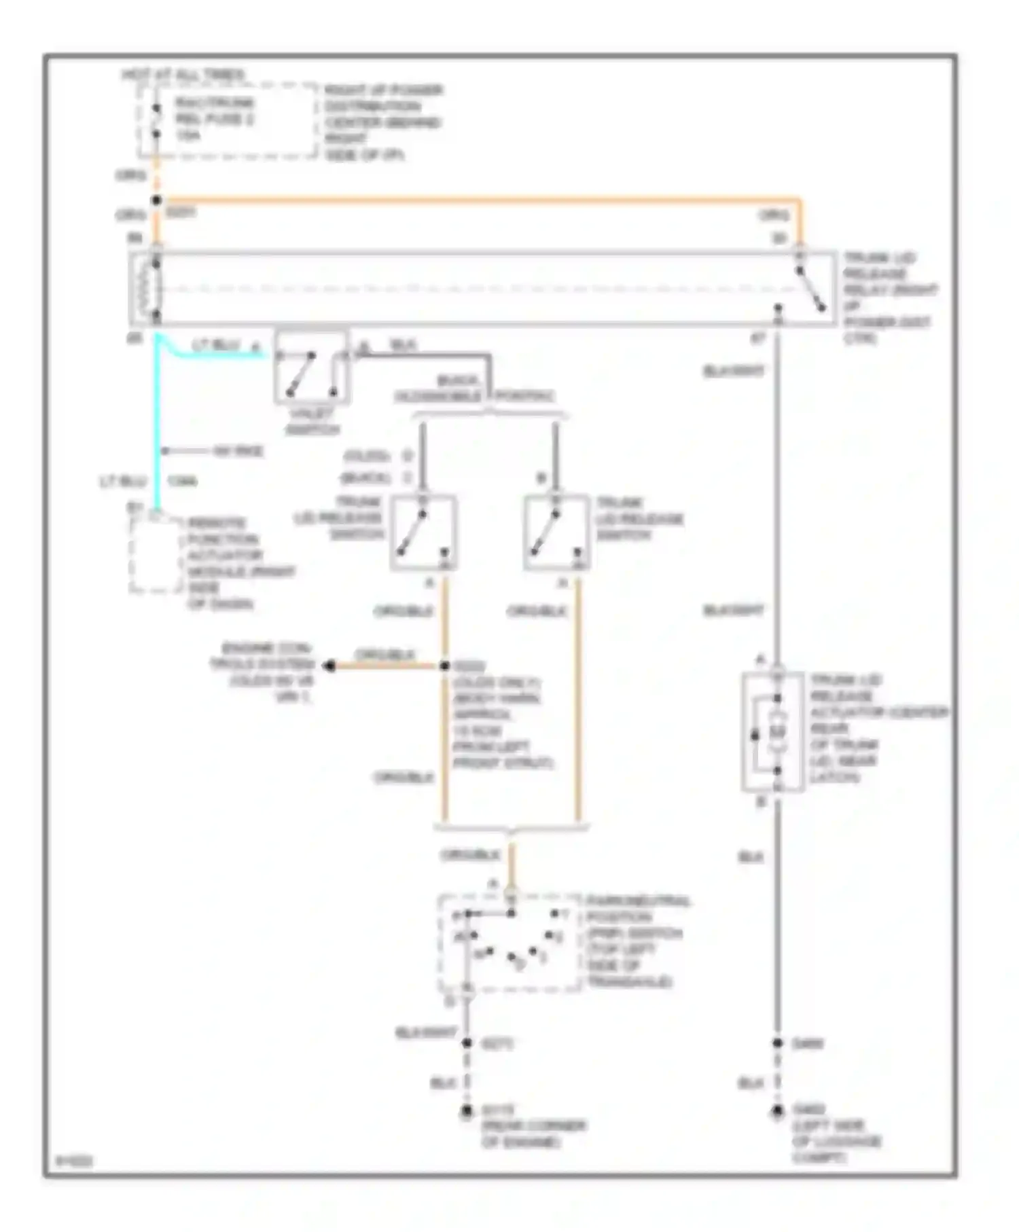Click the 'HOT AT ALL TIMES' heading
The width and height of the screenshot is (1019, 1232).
183,74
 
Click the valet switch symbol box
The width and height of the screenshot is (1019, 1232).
312,367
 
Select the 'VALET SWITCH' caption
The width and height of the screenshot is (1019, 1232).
312,421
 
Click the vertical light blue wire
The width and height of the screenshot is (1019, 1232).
156,421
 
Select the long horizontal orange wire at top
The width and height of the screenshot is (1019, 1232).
476,201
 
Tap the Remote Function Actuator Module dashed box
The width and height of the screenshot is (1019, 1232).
156,554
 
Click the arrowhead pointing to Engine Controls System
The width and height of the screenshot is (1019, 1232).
329,666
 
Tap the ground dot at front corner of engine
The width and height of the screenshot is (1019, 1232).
467,1112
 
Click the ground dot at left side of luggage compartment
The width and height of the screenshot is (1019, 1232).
778,1112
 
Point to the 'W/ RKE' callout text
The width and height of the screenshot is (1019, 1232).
238,451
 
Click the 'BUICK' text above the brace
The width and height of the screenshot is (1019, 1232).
457,380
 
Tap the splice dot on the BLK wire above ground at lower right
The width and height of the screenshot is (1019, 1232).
778,1043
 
